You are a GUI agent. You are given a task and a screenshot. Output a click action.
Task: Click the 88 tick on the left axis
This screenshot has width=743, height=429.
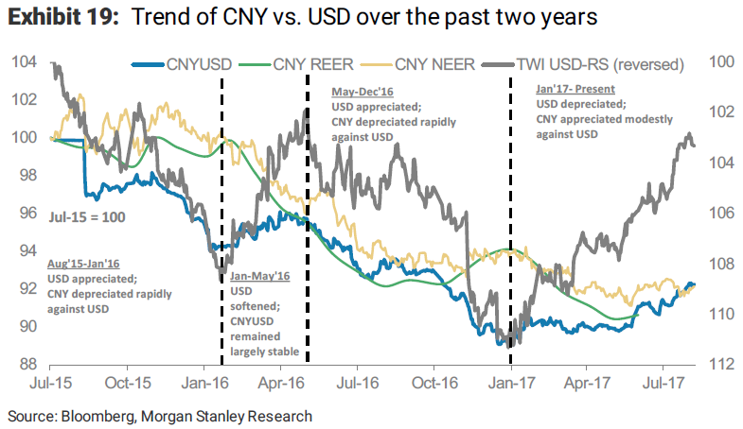pos(28,364)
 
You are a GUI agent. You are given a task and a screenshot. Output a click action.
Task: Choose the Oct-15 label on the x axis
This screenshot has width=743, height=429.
pos(128,386)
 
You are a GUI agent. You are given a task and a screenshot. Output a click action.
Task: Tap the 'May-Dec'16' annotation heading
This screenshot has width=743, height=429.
pos(361,94)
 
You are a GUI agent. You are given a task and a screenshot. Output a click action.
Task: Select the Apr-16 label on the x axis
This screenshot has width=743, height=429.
pos(282,386)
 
